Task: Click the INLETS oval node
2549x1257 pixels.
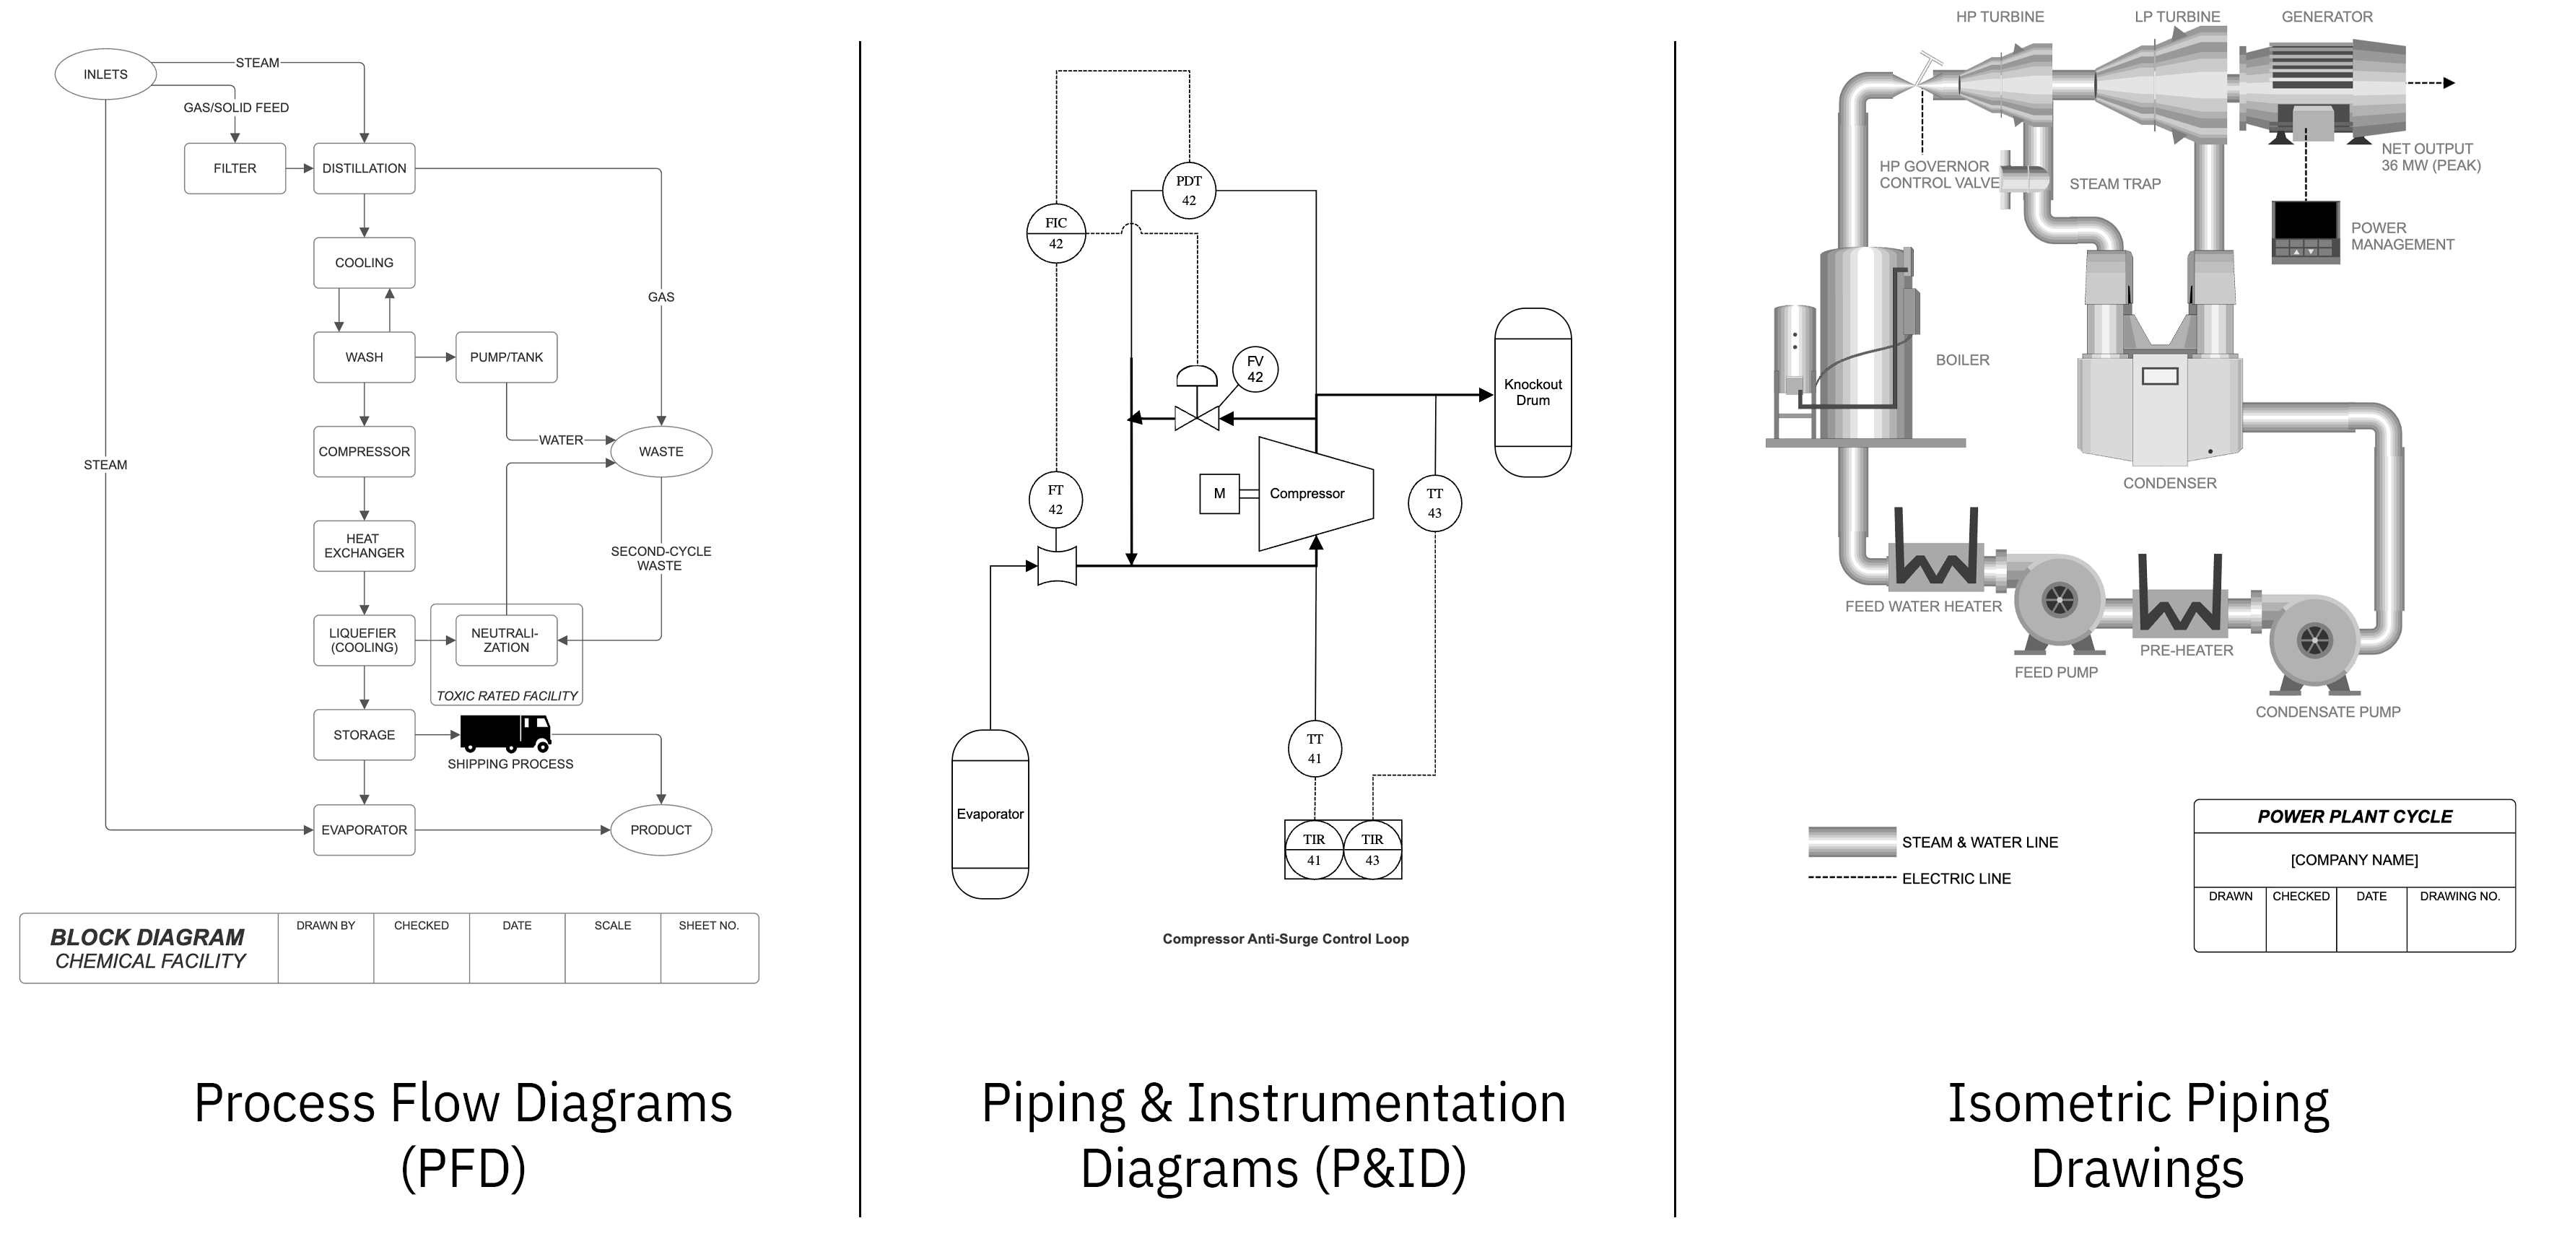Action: [x=105, y=74]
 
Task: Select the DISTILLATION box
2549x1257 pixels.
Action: [x=364, y=168]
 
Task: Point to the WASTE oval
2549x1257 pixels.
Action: [x=661, y=451]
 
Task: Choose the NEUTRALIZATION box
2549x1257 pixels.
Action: [x=505, y=640]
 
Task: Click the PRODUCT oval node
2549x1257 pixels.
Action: [x=661, y=830]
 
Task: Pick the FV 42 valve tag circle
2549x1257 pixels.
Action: [x=1255, y=369]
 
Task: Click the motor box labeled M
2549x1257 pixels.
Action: [x=1219, y=494]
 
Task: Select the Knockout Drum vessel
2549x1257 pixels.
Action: [x=1533, y=393]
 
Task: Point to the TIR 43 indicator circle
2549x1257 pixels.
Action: [x=1372, y=849]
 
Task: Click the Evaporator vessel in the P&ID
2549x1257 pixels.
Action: [x=990, y=814]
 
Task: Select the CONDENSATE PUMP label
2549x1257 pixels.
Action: [x=2327, y=712]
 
